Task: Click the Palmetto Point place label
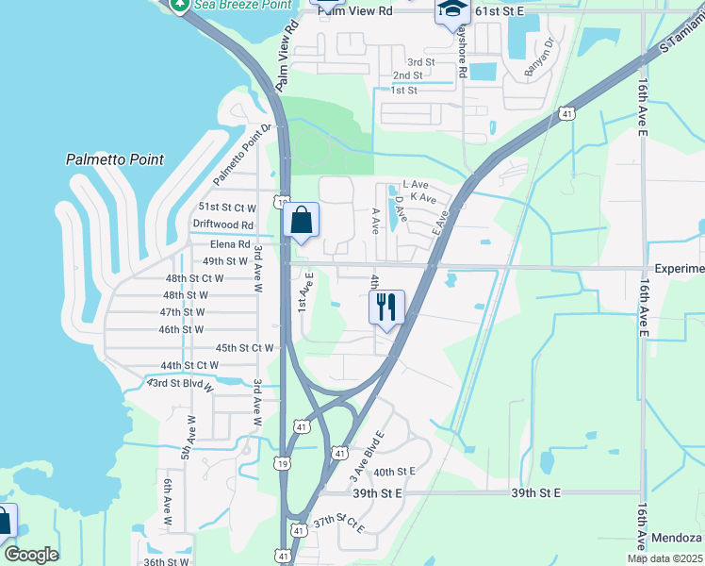coord(115,159)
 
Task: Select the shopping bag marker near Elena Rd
coord(302,222)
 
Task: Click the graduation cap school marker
coord(452,10)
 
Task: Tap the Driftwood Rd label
coord(223,225)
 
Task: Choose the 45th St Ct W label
coord(244,348)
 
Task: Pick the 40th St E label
coord(394,472)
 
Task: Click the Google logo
coord(30,554)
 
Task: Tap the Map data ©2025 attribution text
coord(665,558)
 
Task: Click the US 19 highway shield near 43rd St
coord(282,462)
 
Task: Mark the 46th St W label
coord(181,329)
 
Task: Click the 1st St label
coord(403,91)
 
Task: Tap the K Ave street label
coord(423,198)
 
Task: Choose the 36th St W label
coord(166,561)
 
